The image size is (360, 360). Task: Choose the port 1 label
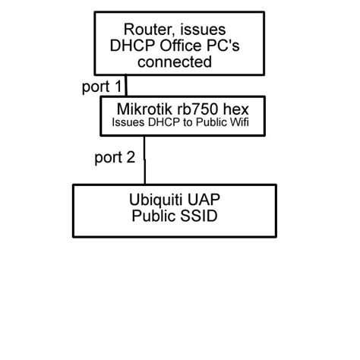click(x=101, y=87)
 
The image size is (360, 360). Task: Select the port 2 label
click(x=115, y=157)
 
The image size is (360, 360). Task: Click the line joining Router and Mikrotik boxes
click(x=127, y=85)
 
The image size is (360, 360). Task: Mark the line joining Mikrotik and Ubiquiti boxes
click(x=144, y=159)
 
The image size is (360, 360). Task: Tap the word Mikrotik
click(x=143, y=109)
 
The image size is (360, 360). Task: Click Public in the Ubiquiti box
click(x=154, y=216)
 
